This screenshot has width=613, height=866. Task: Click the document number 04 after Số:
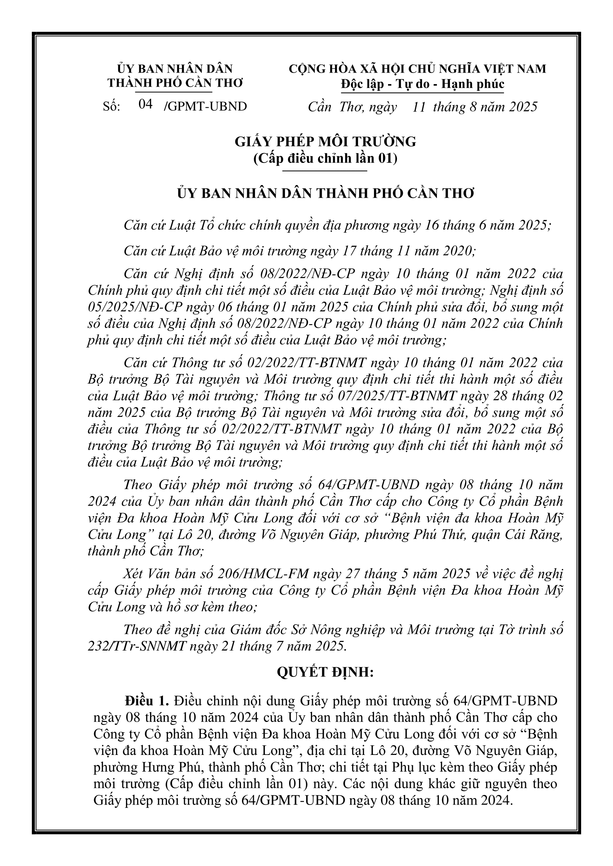(x=145, y=104)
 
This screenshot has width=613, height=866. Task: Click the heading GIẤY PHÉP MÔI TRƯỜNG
(x=325, y=142)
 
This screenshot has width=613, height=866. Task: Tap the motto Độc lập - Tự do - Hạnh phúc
(x=423, y=84)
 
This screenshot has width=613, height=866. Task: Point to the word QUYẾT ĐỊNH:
(x=325, y=672)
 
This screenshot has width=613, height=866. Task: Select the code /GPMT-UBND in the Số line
(x=206, y=107)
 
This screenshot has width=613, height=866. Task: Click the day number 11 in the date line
(x=419, y=107)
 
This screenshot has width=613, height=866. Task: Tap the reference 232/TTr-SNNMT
(x=137, y=646)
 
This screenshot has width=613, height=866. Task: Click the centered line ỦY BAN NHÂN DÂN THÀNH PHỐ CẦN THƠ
(x=325, y=194)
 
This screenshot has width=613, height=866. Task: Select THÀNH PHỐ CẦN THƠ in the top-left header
(x=175, y=83)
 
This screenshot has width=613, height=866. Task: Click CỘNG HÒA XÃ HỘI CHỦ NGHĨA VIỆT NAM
(x=417, y=69)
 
